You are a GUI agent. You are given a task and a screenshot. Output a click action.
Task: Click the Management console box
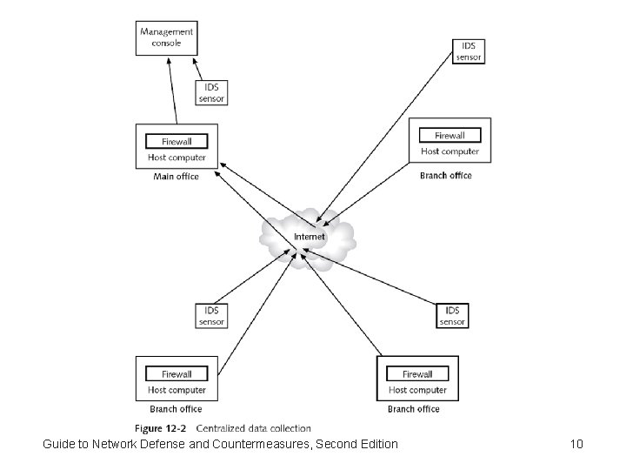point(166,37)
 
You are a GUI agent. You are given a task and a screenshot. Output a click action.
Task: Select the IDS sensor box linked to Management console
point(213,93)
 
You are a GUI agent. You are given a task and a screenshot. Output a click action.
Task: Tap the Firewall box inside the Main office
point(177,141)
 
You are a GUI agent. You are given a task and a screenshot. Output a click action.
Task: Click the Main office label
point(176,177)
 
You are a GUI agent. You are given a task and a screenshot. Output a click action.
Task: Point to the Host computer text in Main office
point(176,158)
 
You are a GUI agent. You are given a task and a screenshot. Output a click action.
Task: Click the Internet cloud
point(309,236)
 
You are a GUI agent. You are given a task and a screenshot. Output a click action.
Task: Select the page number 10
point(576,445)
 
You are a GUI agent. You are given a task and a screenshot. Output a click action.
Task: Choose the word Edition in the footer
point(375,445)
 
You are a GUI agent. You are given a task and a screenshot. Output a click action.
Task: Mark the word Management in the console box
point(166,32)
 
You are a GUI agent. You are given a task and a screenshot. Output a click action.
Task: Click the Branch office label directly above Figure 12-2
point(176,409)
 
